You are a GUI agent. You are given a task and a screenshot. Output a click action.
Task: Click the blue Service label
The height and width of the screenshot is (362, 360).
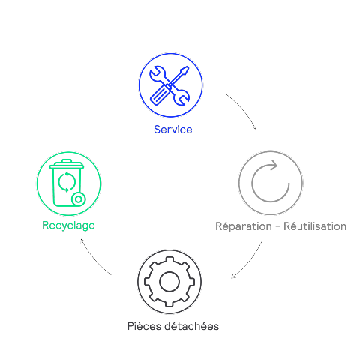click(173, 130)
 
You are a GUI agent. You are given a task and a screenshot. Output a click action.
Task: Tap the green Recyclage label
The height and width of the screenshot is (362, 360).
click(68, 226)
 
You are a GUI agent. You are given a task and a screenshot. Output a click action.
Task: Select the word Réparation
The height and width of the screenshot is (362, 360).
click(244, 226)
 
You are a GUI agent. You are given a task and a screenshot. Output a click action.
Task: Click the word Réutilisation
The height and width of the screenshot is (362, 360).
click(315, 226)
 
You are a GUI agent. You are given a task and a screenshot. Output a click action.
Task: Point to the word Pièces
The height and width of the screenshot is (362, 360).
click(144, 326)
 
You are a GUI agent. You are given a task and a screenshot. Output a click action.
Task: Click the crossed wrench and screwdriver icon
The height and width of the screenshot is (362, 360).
click(169, 85)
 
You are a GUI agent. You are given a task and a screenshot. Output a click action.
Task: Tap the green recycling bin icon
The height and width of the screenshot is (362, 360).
click(67, 183)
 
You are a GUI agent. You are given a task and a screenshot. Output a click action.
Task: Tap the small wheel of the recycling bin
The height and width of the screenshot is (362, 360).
click(79, 199)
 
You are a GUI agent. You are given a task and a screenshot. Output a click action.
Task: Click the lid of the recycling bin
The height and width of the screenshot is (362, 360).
click(67, 164)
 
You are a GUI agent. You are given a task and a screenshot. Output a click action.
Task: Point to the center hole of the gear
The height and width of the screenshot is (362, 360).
click(169, 282)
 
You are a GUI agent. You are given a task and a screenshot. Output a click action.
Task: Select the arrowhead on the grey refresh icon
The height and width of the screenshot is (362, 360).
click(273, 165)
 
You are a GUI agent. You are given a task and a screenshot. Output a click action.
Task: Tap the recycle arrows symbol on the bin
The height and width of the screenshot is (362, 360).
click(67, 182)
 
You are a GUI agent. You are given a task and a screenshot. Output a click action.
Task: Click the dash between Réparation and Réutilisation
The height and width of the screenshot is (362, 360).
click(277, 227)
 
